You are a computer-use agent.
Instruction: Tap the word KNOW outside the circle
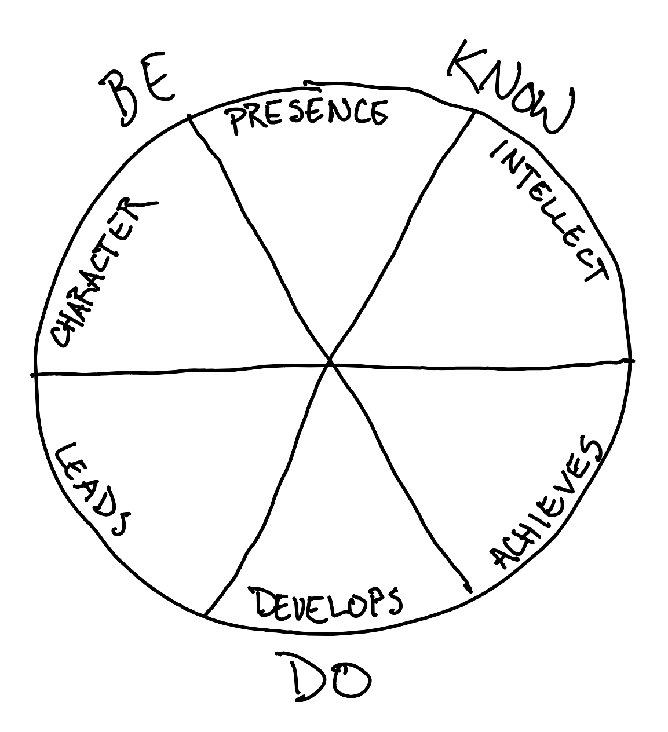click(510, 87)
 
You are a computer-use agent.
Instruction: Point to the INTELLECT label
click(547, 211)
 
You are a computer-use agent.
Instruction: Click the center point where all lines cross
click(330, 362)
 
